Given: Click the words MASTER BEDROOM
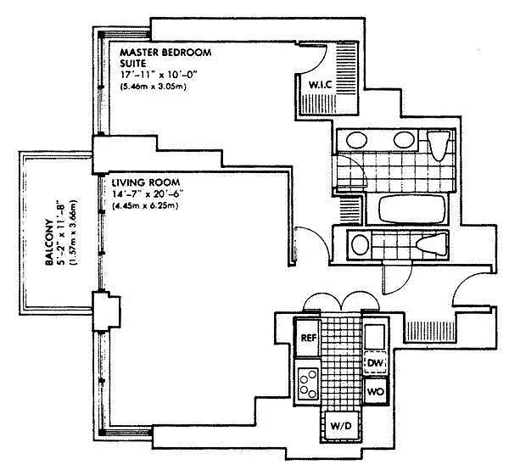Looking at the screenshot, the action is click(165, 53).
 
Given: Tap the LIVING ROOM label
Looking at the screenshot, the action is click(145, 182).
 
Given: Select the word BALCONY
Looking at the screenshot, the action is click(49, 242).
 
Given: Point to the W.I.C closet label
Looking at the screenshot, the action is click(320, 85).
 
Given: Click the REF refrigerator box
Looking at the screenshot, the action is click(308, 338).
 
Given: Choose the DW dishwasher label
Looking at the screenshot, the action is click(376, 362).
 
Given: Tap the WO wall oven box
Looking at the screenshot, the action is click(376, 391).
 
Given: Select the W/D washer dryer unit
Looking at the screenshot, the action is click(341, 426).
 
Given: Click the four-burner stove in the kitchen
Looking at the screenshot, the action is click(308, 382).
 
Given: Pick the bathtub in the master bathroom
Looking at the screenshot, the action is click(409, 209).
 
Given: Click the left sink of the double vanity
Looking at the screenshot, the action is click(356, 140).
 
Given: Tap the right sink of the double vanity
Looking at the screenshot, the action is click(404, 140).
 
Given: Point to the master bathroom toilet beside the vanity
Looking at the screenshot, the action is click(439, 145).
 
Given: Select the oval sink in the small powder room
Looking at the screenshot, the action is click(360, 244).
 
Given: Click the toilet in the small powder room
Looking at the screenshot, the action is click(432, 244).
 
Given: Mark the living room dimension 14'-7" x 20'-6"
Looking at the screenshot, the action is click(148, 194).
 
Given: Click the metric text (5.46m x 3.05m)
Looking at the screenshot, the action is click(153, 87).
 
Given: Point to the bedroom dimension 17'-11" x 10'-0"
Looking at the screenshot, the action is click(159, 75).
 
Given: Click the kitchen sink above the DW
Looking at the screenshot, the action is click(375, 336).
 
